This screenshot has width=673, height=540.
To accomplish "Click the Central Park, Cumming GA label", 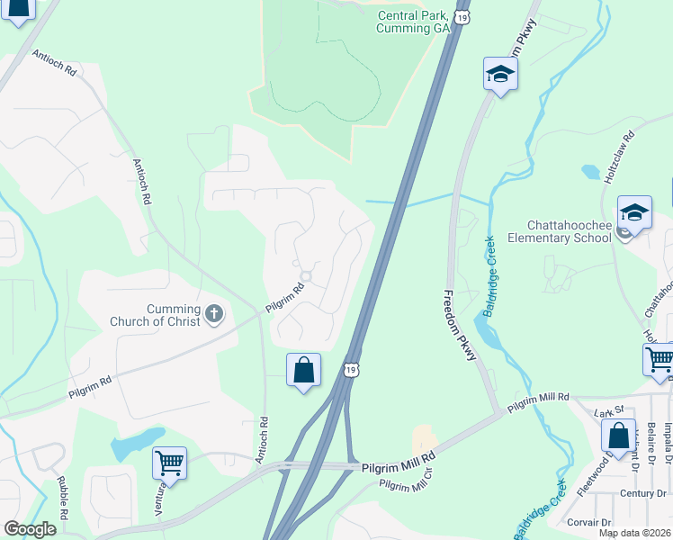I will click(413, 22).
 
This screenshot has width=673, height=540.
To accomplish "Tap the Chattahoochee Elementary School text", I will click(552, 231).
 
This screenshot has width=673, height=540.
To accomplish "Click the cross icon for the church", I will click(213, 313).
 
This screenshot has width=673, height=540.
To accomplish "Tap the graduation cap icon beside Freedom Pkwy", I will click(499, 75).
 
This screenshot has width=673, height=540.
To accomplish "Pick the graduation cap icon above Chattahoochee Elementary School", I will click(634, 213).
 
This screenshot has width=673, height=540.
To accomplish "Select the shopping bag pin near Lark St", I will click(619, 436).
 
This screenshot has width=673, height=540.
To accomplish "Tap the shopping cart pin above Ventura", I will click(169, 463).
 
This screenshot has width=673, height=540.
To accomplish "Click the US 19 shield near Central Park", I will click(461, 17).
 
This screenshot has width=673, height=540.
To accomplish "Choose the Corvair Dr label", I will click(589, 522).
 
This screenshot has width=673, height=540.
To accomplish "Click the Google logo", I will click(30, 529).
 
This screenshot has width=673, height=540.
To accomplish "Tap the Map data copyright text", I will click(635, 533).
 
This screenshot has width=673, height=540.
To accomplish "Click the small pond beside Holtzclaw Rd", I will click(590, 170).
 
